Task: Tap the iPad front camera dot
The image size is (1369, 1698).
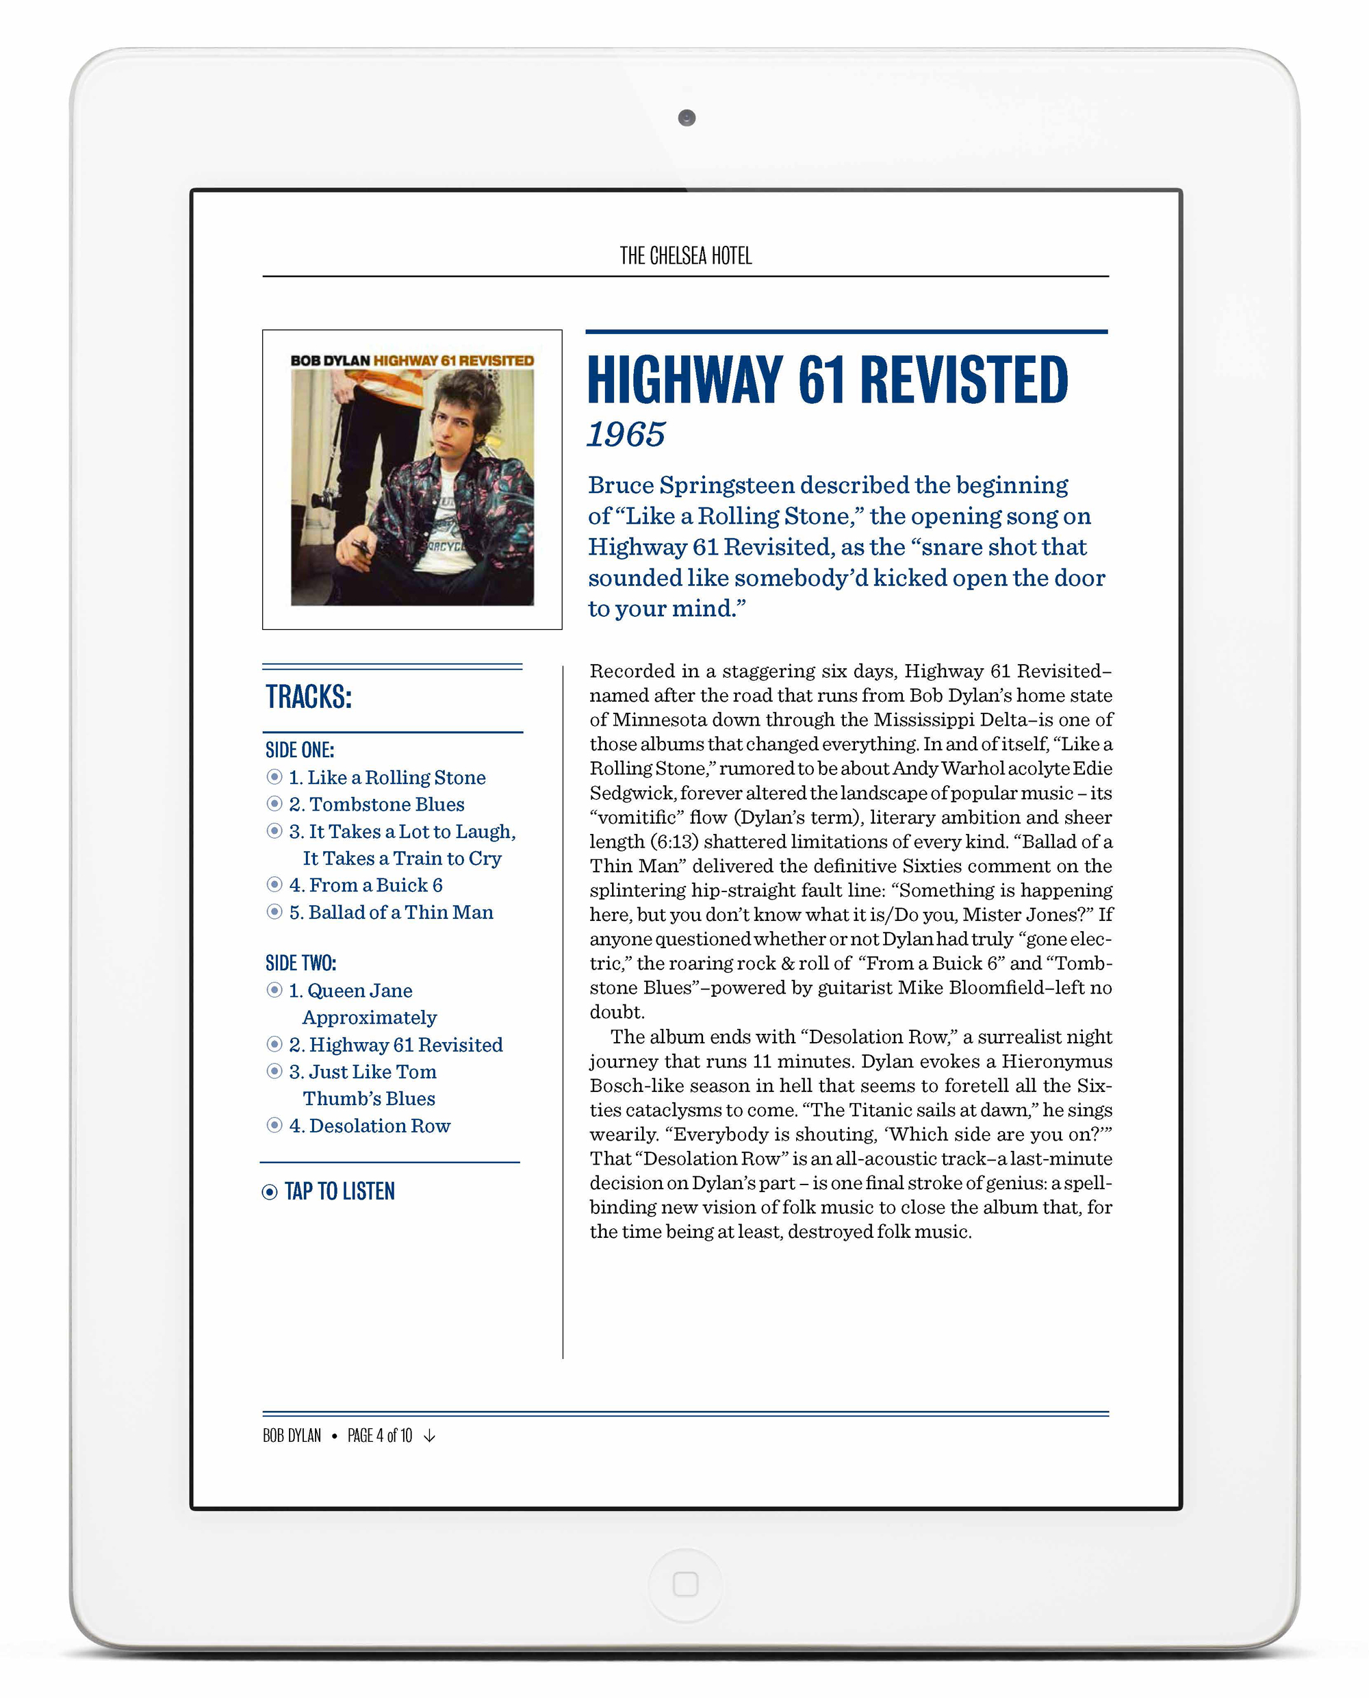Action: point(686,118)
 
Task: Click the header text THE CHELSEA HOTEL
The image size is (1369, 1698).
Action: point(685,256)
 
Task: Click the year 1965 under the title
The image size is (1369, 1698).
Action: point(626,435)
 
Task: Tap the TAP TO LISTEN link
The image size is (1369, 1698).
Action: point(339,1191)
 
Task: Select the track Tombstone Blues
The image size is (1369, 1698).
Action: point(387,804)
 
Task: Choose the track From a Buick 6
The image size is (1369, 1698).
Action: point(375,885)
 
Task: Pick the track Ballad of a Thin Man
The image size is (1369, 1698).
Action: point(400,913)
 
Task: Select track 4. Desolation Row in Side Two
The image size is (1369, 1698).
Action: point(379,1126)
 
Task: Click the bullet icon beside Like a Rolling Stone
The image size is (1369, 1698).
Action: point(274,777)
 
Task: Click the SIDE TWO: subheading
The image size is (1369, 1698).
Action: point(300,963)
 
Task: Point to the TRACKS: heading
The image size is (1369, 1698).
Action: point(308,697)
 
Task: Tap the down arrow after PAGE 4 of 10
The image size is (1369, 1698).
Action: point(430,1436)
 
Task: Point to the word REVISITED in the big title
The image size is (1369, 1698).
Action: point(964,381)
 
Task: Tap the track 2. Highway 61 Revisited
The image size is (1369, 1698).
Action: point(405,1045)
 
